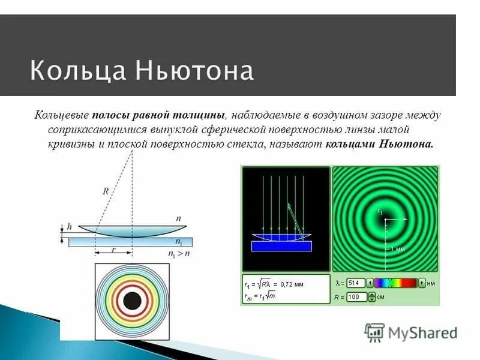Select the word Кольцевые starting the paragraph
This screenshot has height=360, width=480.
click(62, 115)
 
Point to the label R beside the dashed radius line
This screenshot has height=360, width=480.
click(106, 191)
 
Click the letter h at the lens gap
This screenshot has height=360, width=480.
click(69, 227)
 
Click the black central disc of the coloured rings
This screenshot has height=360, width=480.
click(132, 300)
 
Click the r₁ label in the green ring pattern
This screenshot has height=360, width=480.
click(380, 212)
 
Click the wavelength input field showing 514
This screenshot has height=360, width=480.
click(356, 283)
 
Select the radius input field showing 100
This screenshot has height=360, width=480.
click(356, 297)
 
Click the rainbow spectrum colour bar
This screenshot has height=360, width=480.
click(395, 283)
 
